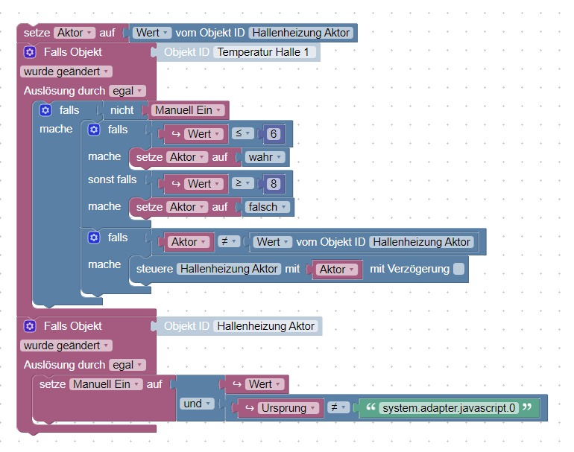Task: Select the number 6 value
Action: [274, 134]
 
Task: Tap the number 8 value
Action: [274, 183]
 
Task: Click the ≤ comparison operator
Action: [243, 134]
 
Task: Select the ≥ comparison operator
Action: [243, 183]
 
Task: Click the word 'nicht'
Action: [122, 110]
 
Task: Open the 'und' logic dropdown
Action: [197, 404]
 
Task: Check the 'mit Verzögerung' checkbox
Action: [459, 269]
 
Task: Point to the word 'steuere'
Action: [154, 269]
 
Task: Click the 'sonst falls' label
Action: [112, 179]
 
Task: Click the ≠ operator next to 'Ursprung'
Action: [338, 408]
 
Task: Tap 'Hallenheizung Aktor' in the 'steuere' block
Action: [229, 269]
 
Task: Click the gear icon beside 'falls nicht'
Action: [45, 110]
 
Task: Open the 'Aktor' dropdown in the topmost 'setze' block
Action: [75, 33]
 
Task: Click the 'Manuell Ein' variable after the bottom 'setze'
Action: [105, 384]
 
